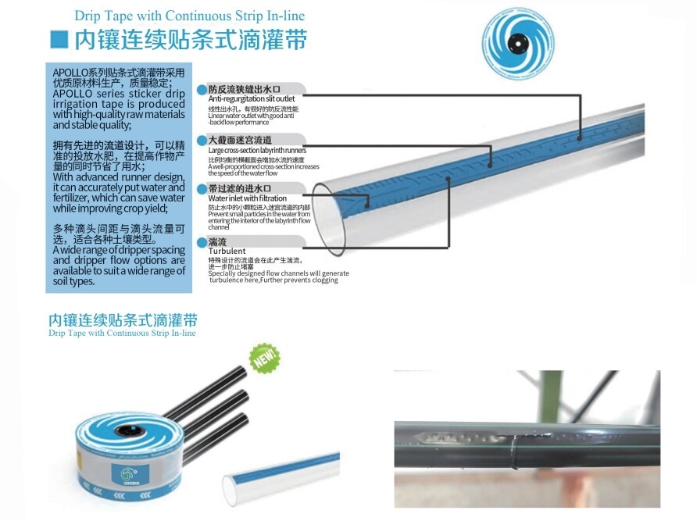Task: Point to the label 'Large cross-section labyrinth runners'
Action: click(257, 150)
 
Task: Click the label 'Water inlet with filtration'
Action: click(247, 198)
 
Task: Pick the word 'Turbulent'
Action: click(227, 251)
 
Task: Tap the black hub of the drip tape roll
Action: click(124, 430)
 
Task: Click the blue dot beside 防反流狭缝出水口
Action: click(202, 89)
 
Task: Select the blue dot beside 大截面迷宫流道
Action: click(202, 140)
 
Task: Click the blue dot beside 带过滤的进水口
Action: click(202, 189)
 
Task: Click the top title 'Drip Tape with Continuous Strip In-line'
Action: click(190, 16)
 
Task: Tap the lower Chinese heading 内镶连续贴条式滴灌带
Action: click(123, 320)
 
